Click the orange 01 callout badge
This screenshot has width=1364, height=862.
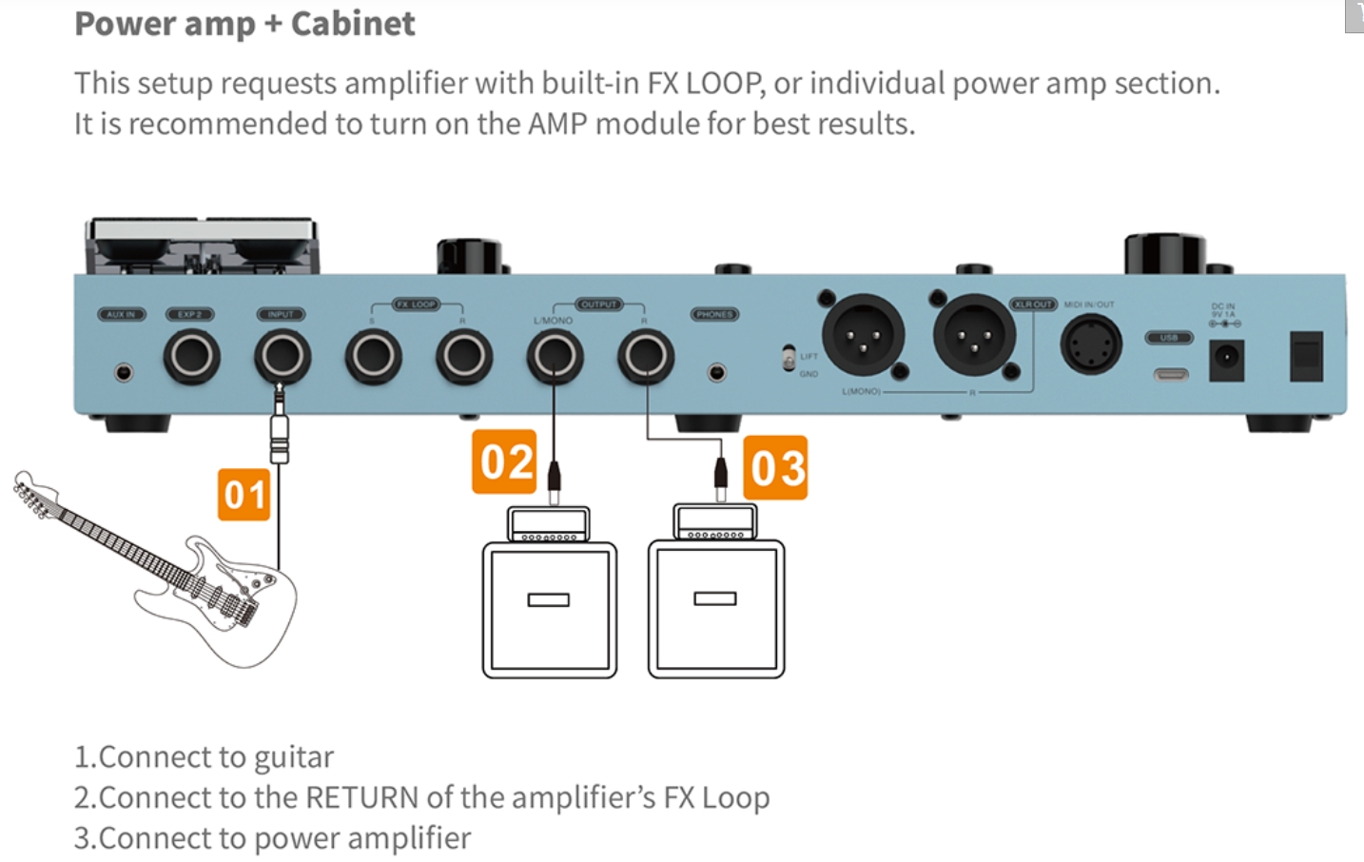(244, 495)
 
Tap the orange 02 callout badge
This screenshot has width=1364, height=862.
(504, 462)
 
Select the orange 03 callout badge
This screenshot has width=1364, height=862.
(775, 468)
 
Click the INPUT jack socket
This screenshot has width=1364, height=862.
(283, 357)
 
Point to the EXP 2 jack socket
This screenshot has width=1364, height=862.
(191, 357)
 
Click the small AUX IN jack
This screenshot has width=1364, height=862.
(124, 372)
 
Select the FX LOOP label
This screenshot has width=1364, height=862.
(416, 304)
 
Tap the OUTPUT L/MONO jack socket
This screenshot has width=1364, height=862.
(555, 357)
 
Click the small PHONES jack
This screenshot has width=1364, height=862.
(717, 372)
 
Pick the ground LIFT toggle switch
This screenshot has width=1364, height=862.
(789, 359)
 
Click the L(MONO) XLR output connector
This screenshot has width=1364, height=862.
(863, 335)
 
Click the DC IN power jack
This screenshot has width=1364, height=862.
(1226, 359)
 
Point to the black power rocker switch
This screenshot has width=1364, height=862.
(1306, 357)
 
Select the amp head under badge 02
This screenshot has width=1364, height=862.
(549, 524)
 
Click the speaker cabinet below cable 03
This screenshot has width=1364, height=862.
(715, 609)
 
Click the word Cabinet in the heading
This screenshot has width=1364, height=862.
(353, 24)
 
